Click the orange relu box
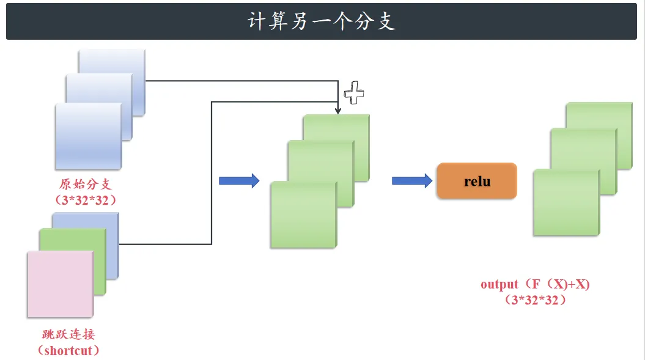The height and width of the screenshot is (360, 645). coord(477,181)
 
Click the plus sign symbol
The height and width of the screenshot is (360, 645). coord(354,92)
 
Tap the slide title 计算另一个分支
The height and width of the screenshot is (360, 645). coord(322,21)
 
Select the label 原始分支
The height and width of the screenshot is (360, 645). coord(86,184)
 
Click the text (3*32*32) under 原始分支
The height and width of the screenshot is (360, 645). coord(86,200)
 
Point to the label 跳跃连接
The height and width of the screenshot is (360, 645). coord(68,334)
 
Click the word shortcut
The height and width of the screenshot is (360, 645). coord(68,351)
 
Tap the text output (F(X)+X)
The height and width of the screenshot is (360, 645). coord(535,284)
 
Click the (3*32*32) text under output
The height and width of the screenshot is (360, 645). coord(535,300)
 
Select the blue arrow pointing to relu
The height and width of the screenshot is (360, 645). coord(412,181)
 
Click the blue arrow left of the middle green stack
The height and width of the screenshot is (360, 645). coord(239,181)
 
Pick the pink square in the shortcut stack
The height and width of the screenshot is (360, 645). coord(61,284)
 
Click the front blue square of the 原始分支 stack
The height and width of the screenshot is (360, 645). coord(89,136)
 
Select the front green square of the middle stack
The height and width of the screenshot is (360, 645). coord(304,215)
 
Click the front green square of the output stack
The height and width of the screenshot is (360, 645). coord(566,202)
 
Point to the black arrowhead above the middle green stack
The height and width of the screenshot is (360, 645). coord(337,111)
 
